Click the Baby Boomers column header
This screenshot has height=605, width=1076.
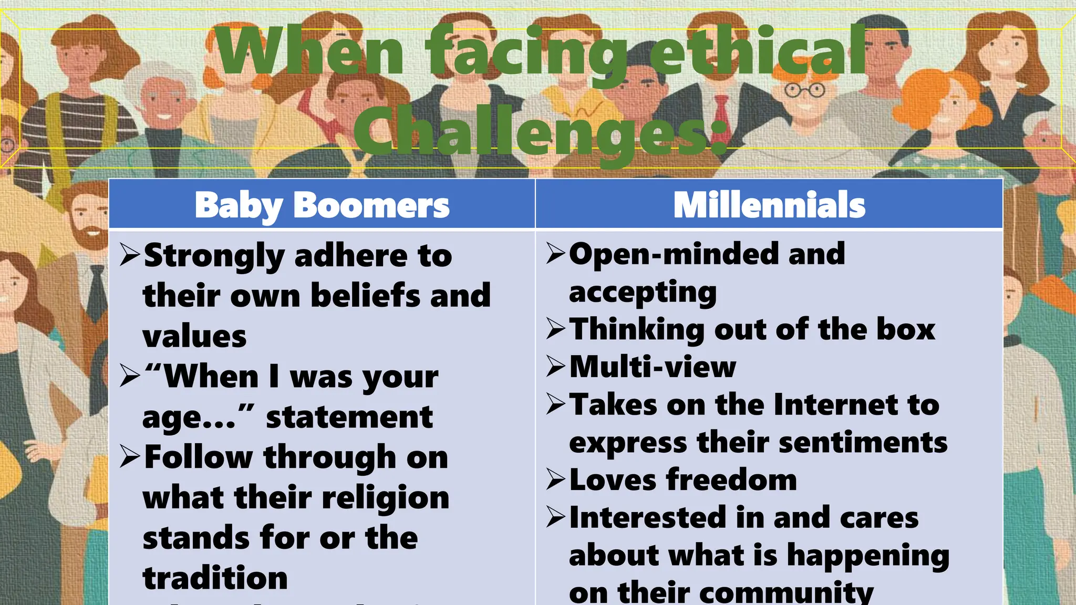click(x=322, y=205)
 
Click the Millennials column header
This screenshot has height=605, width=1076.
click(x=769, y=205)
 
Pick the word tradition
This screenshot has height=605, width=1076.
click(x=215, y=578)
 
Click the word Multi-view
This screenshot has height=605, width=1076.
click(x=653, y=367)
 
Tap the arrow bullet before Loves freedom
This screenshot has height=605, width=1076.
click(x=555, y=479)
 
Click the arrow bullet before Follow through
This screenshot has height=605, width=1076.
click(x=129, y=456)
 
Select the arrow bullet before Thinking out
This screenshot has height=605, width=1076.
click(x=555, y=329)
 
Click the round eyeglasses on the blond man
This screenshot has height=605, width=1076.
click(x=804, y=91)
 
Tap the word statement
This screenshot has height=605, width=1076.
click(x=349, y=418)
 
